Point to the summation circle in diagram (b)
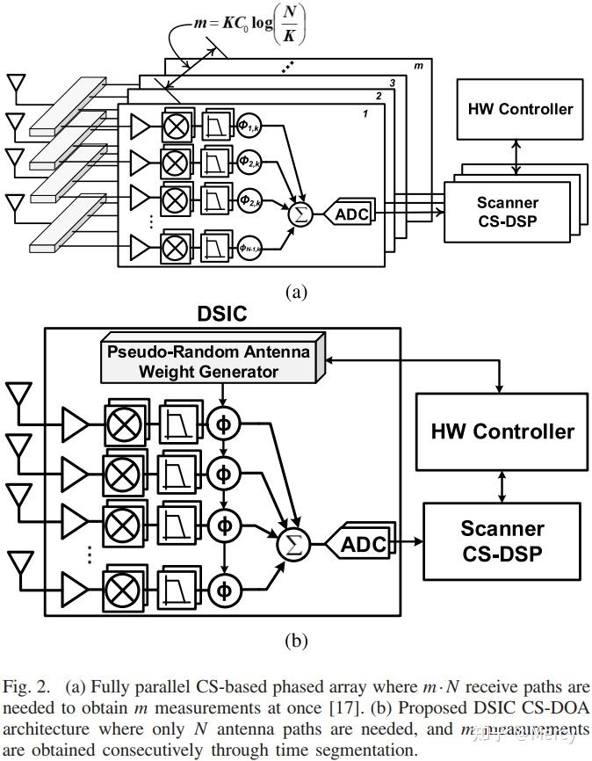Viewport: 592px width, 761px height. click(292, 545)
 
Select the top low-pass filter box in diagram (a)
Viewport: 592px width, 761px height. click(214, 124)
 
